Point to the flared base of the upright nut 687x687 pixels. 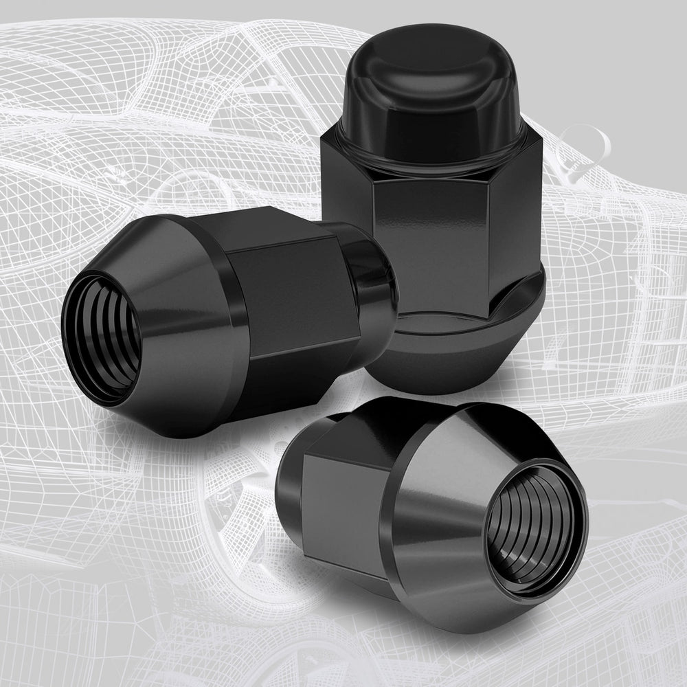(440, 357)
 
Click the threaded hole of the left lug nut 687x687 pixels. (103, 337)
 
